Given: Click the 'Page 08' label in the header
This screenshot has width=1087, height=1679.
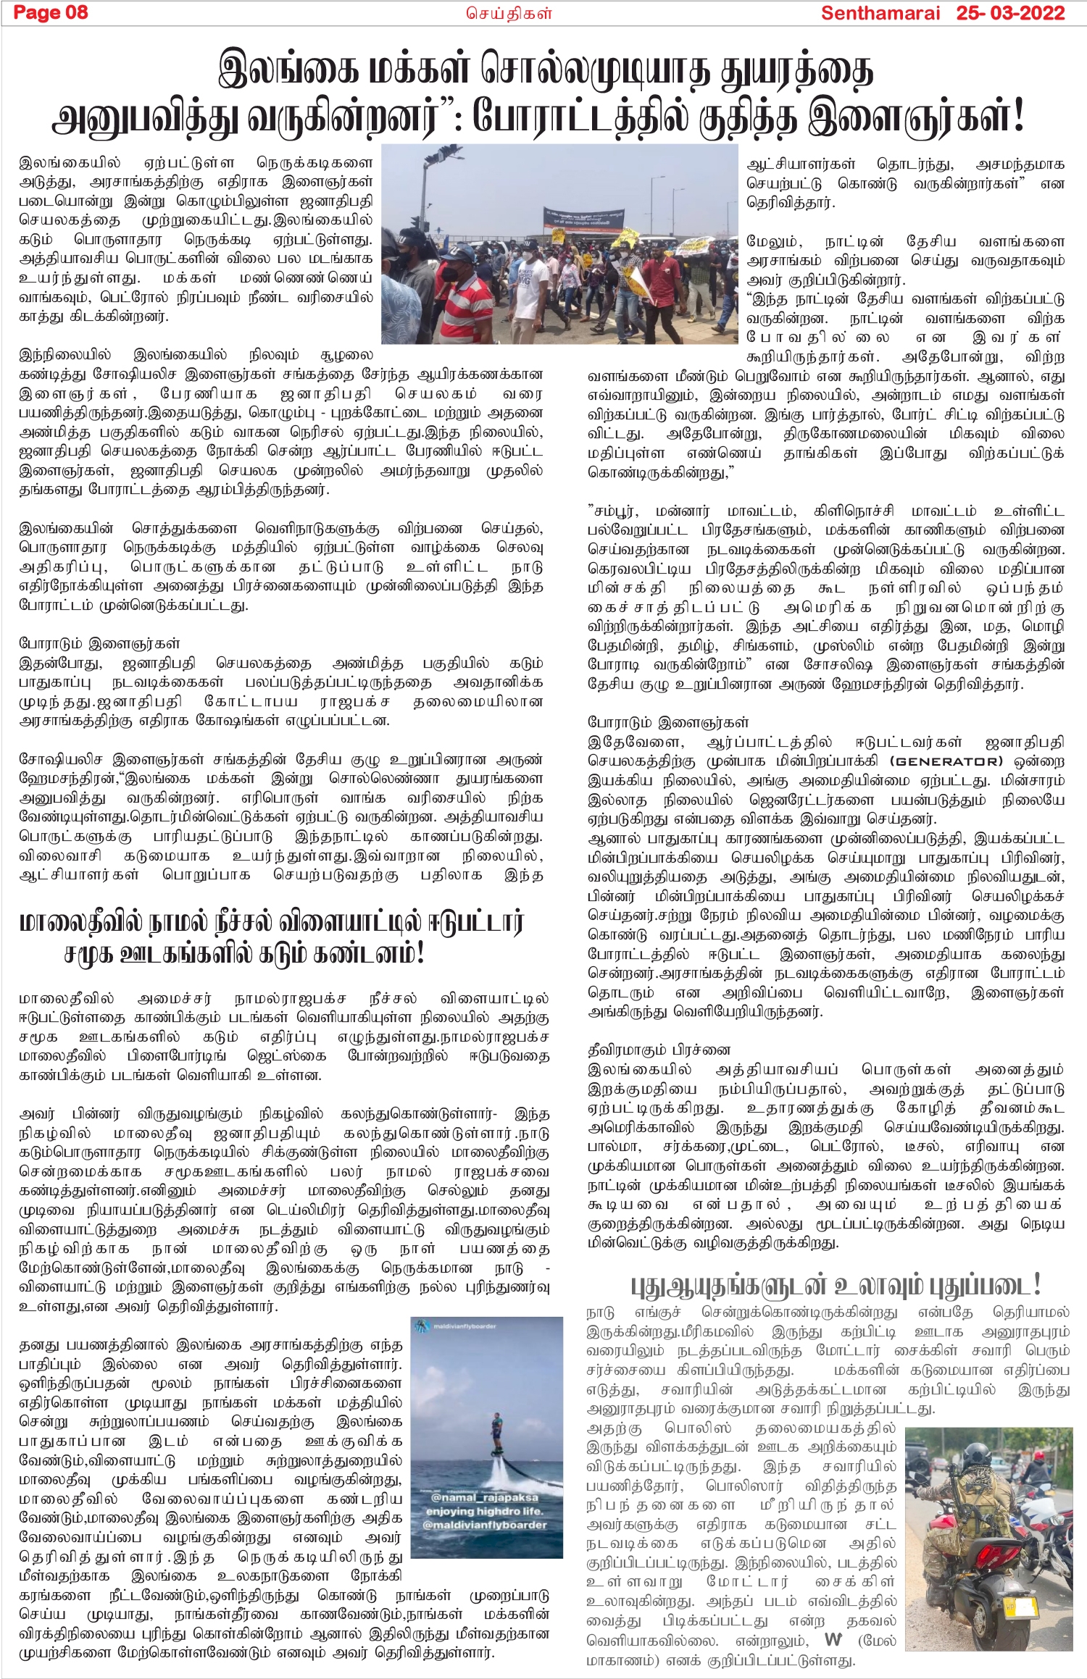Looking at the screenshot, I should pyautogui.click(x=51, y=12).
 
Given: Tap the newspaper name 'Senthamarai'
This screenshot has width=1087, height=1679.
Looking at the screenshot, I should pyautogui.click(x=880, y=13).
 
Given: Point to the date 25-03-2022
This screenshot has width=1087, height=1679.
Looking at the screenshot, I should pyautogui.click(x=1010, y=13).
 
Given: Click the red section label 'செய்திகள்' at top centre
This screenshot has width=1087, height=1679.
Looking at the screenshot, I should pyautogui.click(x=509, y=13).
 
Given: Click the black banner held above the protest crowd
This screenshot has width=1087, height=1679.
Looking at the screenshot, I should pyautogui.click(x=584, y=217).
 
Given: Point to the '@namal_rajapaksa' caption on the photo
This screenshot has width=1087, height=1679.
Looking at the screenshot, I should pyautogui.click(x=484, y=1497).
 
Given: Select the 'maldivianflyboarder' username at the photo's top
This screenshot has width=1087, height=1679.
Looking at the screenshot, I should pyautogui.click(x=465, y=1326).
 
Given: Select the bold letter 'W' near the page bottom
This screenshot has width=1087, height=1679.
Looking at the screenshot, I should pyautogui.click(x=833, y=1640).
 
